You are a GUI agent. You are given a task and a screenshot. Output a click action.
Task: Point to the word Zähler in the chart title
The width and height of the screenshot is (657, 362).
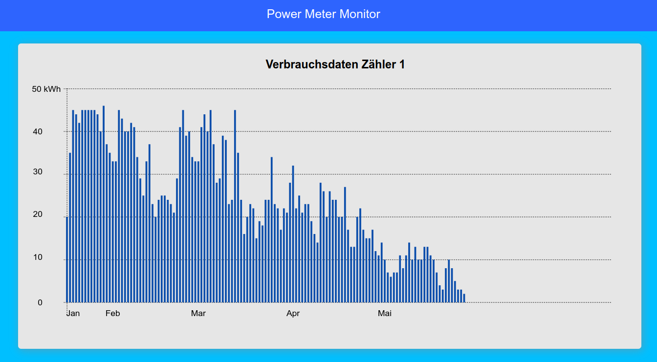[371, 64]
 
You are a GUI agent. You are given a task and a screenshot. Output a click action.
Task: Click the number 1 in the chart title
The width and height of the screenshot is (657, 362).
[401, 64]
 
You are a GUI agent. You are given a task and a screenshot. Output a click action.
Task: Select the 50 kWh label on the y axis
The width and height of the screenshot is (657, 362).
[46, 89]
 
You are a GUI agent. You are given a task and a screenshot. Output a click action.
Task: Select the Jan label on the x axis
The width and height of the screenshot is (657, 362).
[73, 313]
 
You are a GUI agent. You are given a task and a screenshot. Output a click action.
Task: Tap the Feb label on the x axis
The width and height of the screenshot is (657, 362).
[112, 313]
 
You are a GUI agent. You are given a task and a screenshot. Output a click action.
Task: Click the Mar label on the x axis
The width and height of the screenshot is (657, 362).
[198, 313]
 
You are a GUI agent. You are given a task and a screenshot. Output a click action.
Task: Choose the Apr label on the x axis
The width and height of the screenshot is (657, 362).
[293, 313]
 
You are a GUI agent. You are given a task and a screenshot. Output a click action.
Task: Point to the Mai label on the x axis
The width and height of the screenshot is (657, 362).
[385, 313]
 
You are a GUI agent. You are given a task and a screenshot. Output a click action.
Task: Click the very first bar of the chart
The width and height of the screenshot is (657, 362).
[67, 259]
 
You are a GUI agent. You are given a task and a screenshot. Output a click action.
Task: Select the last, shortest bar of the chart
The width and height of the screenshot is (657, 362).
[464, 298]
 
